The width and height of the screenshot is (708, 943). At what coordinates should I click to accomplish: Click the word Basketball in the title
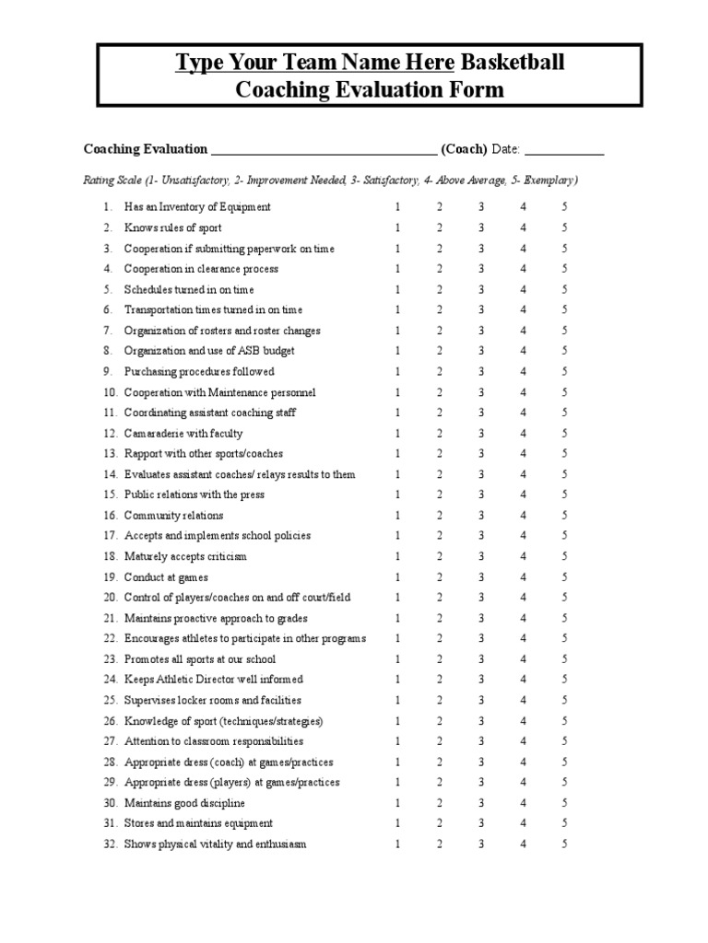[512, 64]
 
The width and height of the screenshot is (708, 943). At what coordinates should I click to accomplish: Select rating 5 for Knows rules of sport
[564, 227]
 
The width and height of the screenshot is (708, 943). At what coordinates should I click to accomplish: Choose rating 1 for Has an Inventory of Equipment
[398, 207]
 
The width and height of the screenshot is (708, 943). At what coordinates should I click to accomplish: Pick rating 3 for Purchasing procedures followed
[481, 372]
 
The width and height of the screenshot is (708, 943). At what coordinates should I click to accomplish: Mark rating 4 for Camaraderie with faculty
[523, 434]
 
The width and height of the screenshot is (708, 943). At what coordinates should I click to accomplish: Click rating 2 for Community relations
[440, 516]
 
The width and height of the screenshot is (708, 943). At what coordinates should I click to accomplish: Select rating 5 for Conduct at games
[564, 577]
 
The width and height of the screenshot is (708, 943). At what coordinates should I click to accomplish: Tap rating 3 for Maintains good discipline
[481, 803]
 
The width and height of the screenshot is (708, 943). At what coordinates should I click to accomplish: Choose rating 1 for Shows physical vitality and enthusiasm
[398, 844]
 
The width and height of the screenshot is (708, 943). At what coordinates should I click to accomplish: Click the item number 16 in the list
[110, 516]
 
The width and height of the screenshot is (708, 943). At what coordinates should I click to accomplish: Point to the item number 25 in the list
[110, 701]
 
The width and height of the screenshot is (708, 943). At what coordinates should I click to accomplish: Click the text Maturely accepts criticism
[185, 557]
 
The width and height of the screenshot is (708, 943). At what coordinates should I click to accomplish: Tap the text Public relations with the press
[194, 495]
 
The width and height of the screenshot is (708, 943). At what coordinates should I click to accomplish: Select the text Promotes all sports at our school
[200, 659]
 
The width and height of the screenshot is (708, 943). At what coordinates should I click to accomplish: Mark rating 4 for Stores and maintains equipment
[523, 823]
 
